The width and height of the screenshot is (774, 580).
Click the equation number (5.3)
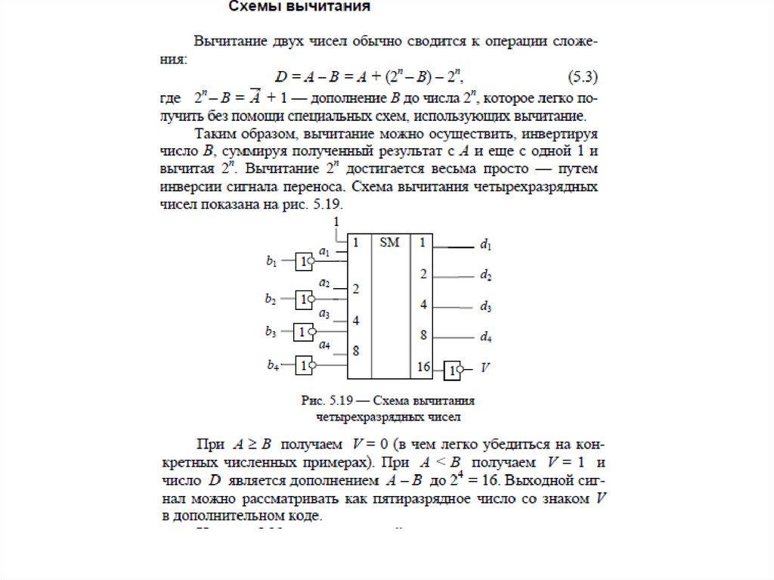583,76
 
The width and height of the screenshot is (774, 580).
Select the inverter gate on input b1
305,262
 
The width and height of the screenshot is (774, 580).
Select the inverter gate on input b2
305,299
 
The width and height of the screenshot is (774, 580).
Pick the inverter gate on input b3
305,331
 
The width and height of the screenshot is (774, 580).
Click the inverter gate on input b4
305,365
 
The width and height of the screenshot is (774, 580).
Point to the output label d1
486,245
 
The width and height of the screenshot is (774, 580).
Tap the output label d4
486,337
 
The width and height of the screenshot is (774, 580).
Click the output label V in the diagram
485,369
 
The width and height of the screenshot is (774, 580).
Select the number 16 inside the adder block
423,367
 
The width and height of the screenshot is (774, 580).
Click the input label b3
271,331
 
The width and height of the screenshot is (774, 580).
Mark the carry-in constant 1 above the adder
336,222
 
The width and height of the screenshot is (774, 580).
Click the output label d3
486,307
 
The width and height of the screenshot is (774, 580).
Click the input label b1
271,262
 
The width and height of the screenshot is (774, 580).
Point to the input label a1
324,250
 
